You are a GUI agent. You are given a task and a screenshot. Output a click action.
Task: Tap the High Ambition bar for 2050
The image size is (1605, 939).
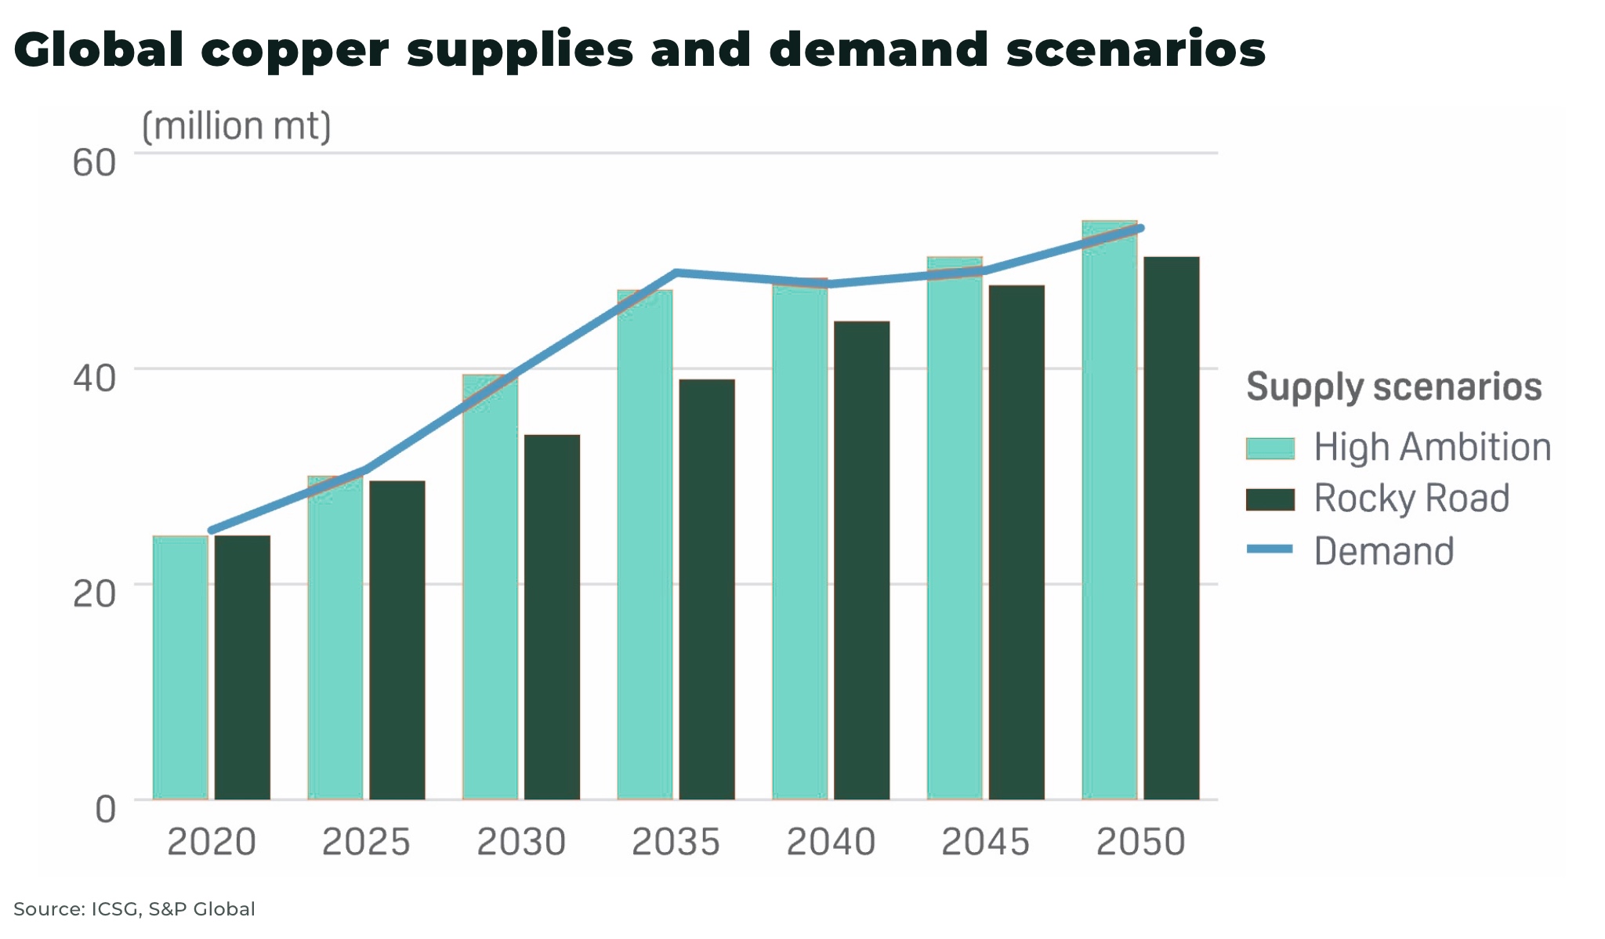[1109, 510]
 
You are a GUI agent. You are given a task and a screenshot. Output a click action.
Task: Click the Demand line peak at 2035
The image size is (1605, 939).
[676, 273]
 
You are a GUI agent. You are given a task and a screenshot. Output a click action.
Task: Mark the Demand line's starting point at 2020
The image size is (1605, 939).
[211, 531]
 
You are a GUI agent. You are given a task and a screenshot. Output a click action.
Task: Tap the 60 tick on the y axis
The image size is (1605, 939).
[94, 163]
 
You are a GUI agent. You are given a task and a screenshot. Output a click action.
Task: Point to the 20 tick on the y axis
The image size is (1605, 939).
[94, 594]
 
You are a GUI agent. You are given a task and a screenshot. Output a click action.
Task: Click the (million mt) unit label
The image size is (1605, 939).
[236, 126]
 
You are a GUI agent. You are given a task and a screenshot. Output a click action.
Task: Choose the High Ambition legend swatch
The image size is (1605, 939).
[1270, 448]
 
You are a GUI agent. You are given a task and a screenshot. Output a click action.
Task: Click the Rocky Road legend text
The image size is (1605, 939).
[1411, 499]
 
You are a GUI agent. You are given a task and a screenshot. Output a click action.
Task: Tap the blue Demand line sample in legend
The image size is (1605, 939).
[1270, 549]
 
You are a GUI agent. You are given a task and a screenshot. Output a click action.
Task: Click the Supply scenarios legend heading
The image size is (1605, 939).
[1393, 387]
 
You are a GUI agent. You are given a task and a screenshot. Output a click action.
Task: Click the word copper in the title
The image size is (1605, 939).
[295, 49]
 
